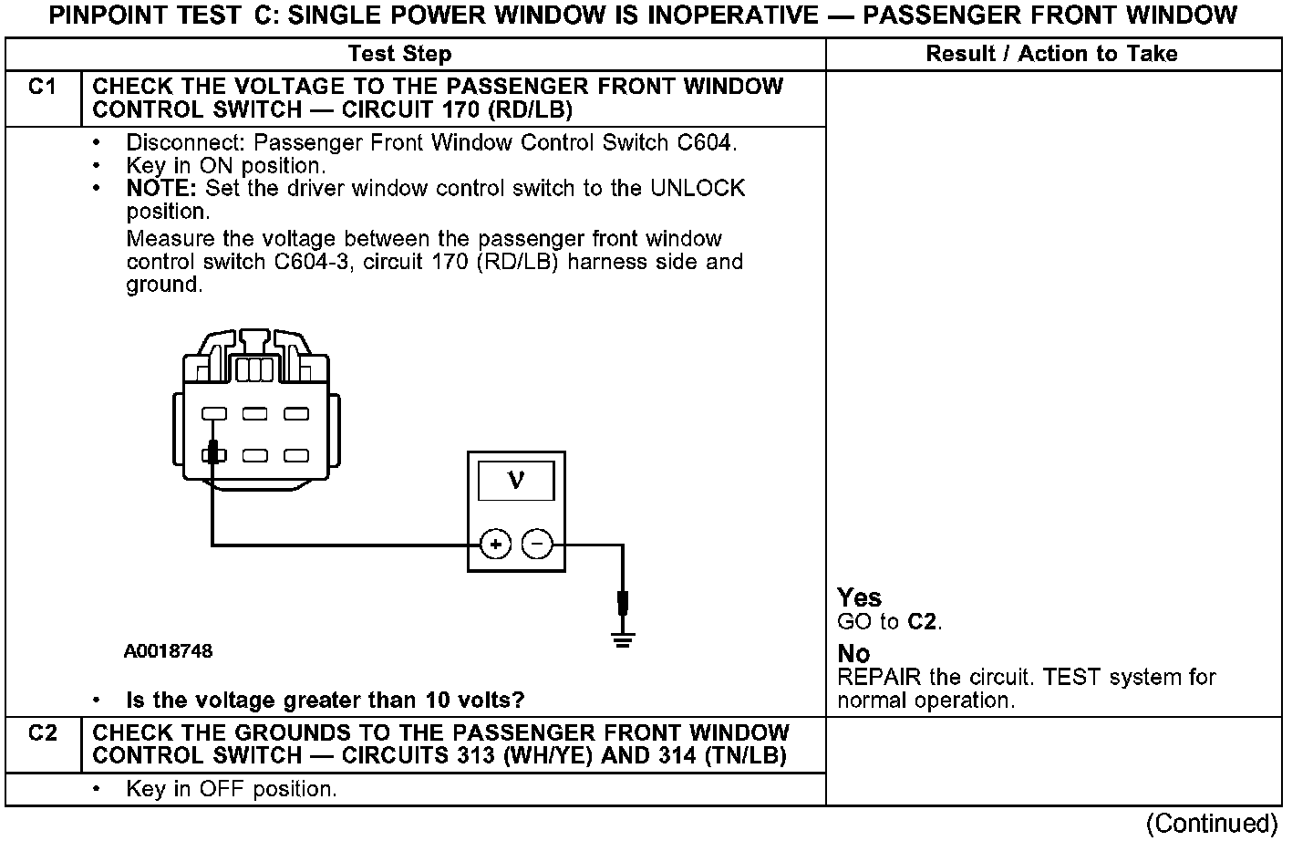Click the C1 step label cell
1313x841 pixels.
42,88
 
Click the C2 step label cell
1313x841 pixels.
42,733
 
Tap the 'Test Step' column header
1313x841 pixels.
399,54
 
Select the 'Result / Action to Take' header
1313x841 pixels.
1051,54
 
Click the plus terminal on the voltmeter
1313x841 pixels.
495,545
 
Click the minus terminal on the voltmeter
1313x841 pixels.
537,545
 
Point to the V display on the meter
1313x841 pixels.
516,480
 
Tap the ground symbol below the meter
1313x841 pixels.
623,638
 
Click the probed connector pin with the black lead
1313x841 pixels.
213,453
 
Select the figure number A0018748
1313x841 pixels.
169,651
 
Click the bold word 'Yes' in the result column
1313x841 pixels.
859,597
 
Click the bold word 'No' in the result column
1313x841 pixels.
853,654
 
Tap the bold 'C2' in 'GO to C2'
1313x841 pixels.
922,622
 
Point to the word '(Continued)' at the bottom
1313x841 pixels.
1212,824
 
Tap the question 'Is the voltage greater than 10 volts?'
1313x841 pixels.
325,701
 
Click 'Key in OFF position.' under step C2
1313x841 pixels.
232,789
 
